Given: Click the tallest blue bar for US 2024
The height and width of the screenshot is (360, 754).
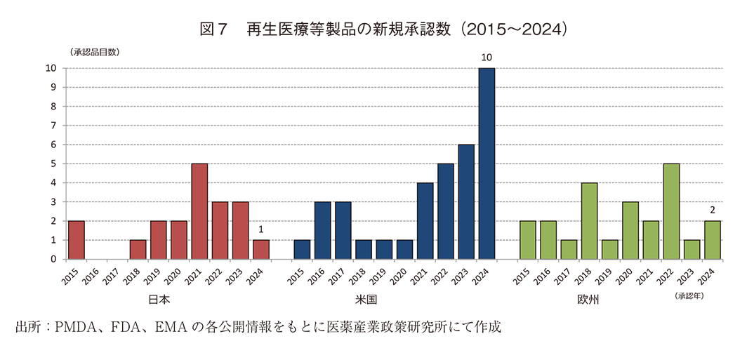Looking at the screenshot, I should [487, 164].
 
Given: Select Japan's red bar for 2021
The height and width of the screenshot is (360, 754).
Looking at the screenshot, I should [199, 211].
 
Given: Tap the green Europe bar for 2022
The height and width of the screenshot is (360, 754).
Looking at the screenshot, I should [672, 211].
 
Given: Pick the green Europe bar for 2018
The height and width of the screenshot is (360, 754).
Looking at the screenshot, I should [590, 221].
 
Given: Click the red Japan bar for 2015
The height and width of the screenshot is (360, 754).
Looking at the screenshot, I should [76, 240].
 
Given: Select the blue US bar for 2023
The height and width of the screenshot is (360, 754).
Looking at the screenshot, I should [467, 202].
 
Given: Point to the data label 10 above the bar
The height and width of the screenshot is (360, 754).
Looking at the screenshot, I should [487, 57].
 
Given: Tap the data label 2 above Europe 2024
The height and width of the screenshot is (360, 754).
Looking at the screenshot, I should [713, 210].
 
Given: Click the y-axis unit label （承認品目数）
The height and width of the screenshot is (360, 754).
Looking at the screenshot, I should [94, 52].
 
